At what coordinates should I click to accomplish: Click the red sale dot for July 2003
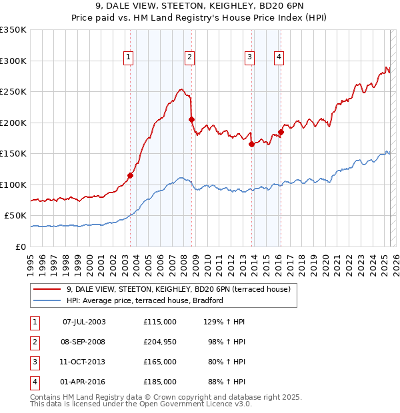tap(131, 175)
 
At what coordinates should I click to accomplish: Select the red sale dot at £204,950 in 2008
tap(191, 120)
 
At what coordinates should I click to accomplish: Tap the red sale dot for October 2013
tap(251, 144)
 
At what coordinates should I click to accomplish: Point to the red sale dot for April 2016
tap(281, 132)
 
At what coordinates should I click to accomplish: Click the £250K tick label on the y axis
tap(13, 92)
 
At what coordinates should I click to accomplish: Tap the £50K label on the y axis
tap(15, 216)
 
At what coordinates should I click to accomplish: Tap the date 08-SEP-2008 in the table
tap(84, 342)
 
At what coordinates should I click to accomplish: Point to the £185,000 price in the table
tap(160, 382)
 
